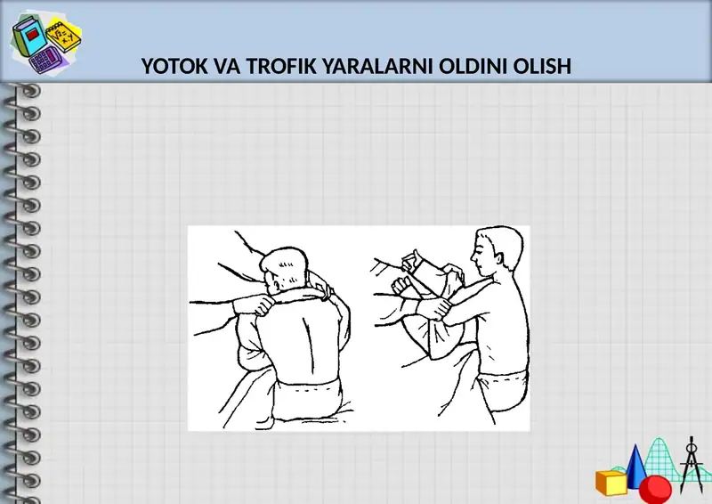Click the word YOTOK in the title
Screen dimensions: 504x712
pyautogui.click(x=172, y=67)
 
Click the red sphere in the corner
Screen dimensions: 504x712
pyautogui.click(x=656, y=488)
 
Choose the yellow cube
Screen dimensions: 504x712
pyautogui.click(x=612, y=483)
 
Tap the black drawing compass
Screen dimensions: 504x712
pyautogui.click(x=692, y=463)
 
